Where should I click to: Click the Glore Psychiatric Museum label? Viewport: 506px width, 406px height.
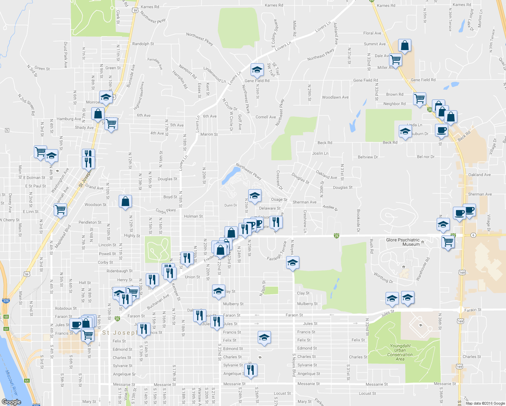(x=403, y=242)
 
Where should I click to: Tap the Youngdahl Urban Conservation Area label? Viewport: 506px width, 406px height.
(x=400, y=353)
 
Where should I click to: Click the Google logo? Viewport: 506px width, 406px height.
(x=11, y=402)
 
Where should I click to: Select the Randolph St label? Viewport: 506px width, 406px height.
(x=143, y=44)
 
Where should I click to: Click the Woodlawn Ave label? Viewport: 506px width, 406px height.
(x=335, y=97)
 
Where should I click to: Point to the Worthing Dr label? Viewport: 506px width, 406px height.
(x=384, y=278)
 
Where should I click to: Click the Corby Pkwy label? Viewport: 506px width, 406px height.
(x=166, y=211)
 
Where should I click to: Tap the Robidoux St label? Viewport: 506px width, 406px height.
(x=66, y=309)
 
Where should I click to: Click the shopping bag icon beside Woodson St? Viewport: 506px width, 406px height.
(x=125, y=202)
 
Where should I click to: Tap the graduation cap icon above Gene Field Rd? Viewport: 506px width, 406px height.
(x=257, y=70)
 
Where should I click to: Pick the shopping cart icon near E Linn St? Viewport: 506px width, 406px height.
(x=60, y=210)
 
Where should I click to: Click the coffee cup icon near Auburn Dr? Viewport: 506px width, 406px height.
(x=441, y=130)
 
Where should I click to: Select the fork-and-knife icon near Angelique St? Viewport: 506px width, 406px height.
(x=250, y=370)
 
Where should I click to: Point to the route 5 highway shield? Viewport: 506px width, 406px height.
(x=7, y=130)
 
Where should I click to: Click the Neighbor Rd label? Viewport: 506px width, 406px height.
(x=394, y=104)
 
